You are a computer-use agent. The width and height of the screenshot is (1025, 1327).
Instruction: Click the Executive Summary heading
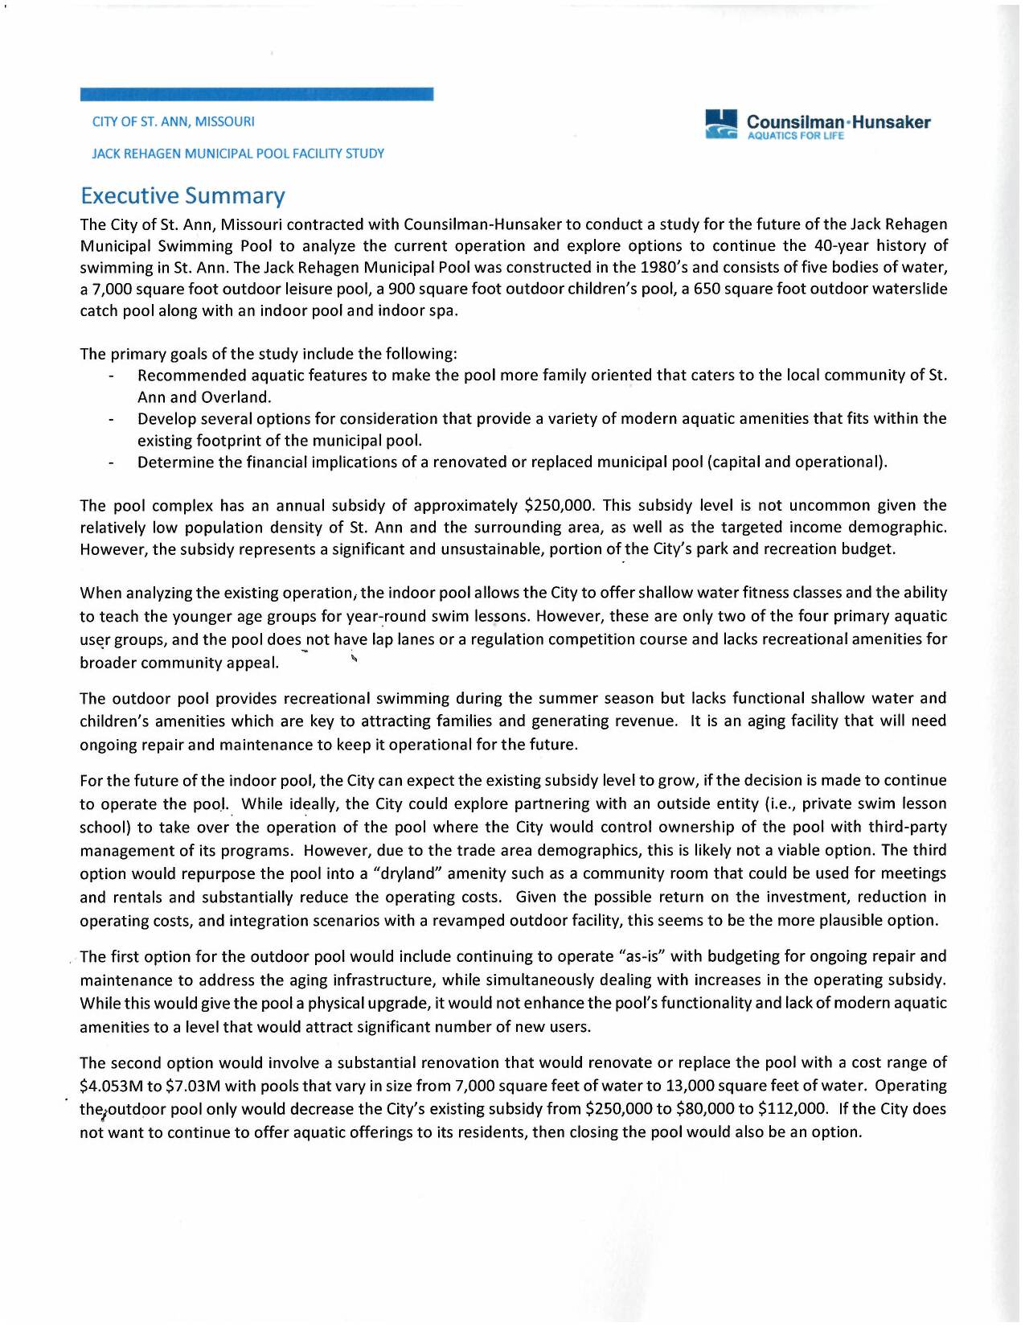point(182,195)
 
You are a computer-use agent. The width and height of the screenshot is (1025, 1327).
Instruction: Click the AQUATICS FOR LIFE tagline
point(795,136)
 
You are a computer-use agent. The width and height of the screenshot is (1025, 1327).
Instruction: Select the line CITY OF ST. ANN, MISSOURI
point(173,121)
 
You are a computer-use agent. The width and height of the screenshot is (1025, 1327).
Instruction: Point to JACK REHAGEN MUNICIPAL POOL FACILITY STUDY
point(238,153)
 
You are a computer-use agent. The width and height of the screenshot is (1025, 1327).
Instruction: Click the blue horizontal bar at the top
point(256,94)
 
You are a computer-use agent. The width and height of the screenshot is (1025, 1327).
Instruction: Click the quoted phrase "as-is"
point(642,956)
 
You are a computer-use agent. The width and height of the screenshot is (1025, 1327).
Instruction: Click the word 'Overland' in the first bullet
point(236,397)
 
